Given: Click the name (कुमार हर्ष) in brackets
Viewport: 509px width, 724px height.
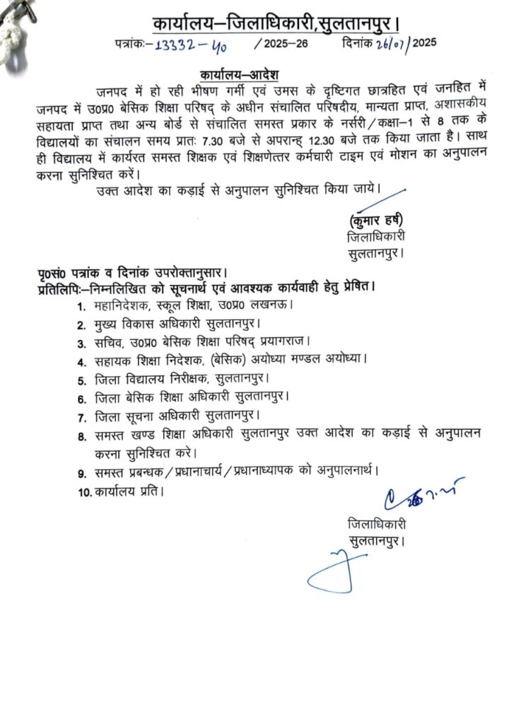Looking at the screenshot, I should pyautogui.click(x=377, y=218).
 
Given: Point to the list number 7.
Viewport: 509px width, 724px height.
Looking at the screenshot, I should pyautogui.click(x=82, y=415).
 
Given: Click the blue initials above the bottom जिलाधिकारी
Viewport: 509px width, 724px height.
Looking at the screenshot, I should pyautogui.click(x=423, y=498).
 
